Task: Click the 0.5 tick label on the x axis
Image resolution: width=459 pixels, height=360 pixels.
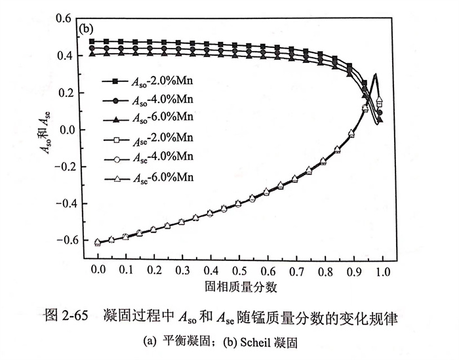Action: (239, 270)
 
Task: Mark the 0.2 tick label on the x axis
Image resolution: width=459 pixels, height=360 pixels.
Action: (154, 270)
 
